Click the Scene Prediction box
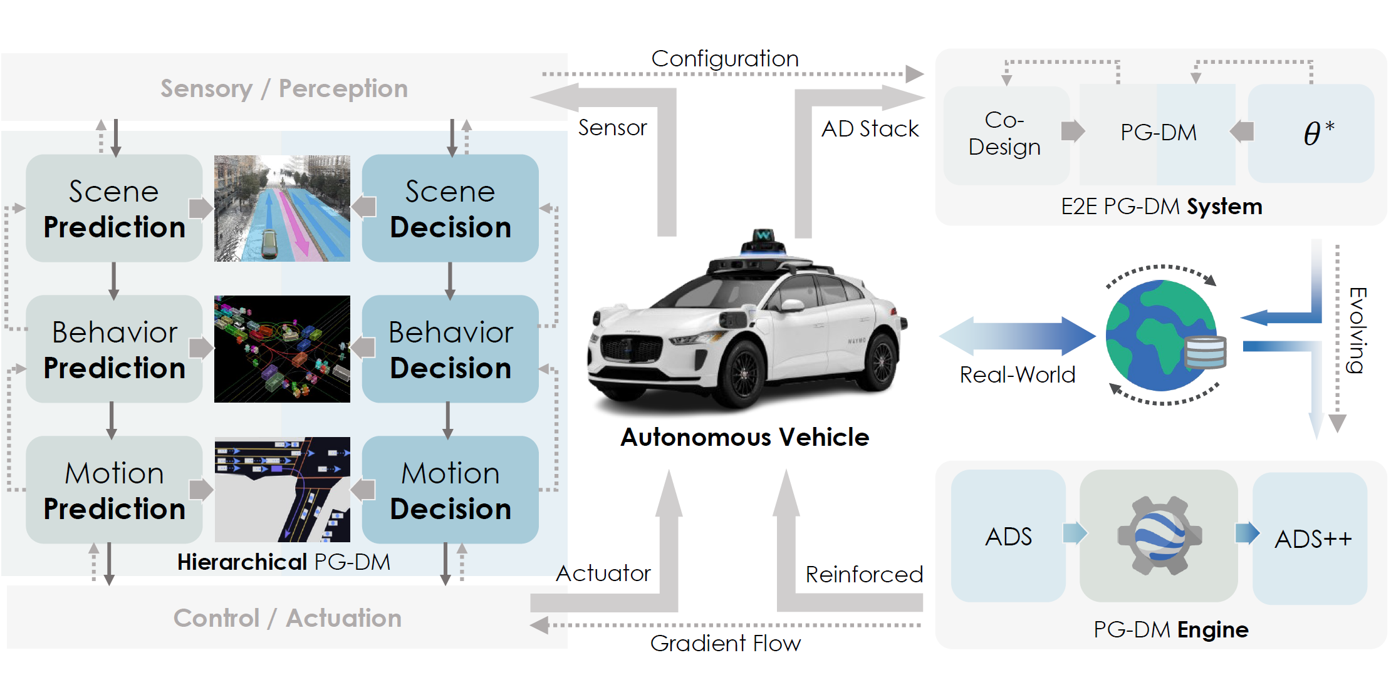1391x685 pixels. [x=114, y=209]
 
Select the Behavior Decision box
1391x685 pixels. [x=450, y=349]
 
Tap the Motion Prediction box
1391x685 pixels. [x=114, y=490]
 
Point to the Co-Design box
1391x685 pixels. [x=1005, y=134]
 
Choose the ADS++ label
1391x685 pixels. [x=1313, y=538]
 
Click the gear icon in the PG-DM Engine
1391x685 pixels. [x=1159, y=535]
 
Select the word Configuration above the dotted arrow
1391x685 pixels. [x=725, y=59]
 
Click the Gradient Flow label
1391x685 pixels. [x=725, y=643]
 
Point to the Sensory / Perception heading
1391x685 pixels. [x=284, y=88]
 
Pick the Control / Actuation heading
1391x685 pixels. [x=287, y=618]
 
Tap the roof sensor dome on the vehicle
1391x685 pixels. [x=763, y=240]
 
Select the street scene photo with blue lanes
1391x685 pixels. [x=282, y=209]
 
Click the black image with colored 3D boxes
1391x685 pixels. [x=282, y=349]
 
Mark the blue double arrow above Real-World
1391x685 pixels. [x=1017, y=336]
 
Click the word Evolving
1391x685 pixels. [x=1357, y=330]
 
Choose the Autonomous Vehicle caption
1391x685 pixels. [x=744, y=437]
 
